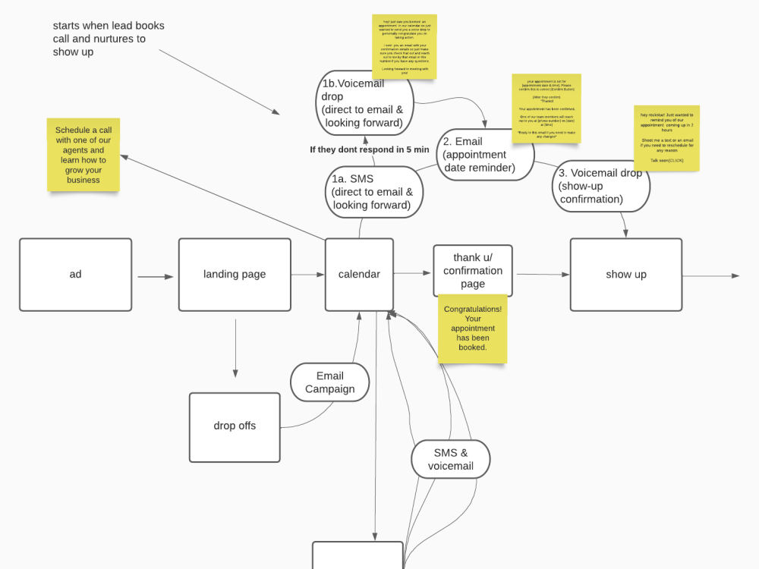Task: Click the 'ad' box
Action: pyautogui.click(x=75, y=275)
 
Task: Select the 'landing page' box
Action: pyautogui.click(x=235, y=275)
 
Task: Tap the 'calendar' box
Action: pyautogui.click(x=359, y=275)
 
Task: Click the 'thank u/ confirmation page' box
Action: pyautogui.click(x=472, y=271)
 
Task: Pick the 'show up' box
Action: pyautogui.click(x=625, y=275)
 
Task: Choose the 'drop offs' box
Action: pyautogui.click(x=235, y=426)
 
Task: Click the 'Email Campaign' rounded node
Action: pyautogui.click(x=329, y=382)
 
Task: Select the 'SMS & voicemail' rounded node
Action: pyautogui.click(x=451, y=459)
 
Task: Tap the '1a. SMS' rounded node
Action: pyautogui.click(x=373, y=192)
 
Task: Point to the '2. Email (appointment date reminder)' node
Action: pyautogui.click(x=484, y=154)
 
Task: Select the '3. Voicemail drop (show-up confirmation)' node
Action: pyautogui.click(x=601, y=186)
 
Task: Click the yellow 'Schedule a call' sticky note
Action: pyautogui.click(x=83, y=155)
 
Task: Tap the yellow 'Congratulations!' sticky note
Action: pyautogui.click(x=472, y=329)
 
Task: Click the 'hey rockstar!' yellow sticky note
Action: pyautogui.click(x=666, y=138)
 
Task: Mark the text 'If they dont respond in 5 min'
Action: pyautogui.click(x=369, y=149)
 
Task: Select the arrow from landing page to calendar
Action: pyautogui.click(x=307, y=275)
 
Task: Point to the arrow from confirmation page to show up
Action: pyautogui.click(x=541, y=275)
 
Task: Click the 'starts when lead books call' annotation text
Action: pyautogui.click(x=109, y=39)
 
